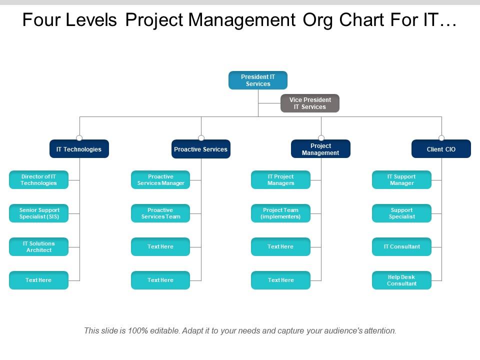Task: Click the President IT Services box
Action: tap(258, 80)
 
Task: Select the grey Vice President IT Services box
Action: tap(310, 103)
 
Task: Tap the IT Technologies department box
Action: tap(79, 149)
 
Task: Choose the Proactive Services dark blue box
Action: tap(201, 149)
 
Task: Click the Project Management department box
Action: tap(320, 149)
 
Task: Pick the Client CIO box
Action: tap(441, 149)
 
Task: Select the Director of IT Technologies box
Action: tap(38, 180)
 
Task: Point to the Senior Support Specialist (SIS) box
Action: tap(38, 213)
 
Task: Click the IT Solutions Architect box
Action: tap(38, 247)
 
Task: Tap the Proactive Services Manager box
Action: tap(160, 180)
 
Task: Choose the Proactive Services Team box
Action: tap(160, 213)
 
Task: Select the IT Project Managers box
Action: tap(280, 180)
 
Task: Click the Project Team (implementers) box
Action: tap(280, 213)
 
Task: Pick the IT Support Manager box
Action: tap(401, 180)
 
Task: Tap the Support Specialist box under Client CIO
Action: tap(401, 213)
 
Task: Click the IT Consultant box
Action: tap(401, 247)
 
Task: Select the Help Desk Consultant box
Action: tap(401, 280)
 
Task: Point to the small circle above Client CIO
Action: tap(441, 138)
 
